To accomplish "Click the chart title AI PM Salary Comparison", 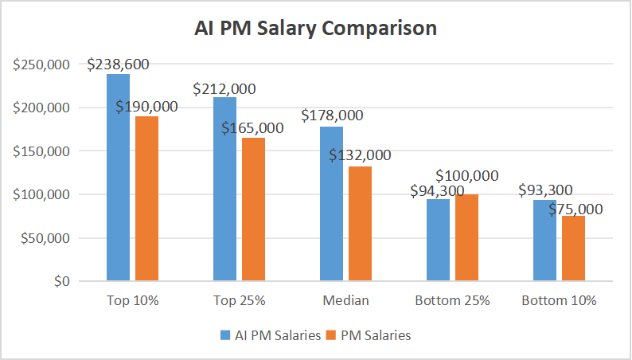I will (316, 28).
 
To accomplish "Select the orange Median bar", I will (360, 224).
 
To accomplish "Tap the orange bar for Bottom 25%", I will (466, 238).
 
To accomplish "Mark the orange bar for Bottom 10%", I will (573, 248).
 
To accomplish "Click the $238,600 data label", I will (118, 64).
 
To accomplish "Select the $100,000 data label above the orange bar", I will (466, 175).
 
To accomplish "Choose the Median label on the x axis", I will (345, 301).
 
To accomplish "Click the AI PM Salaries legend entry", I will (273, 335).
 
